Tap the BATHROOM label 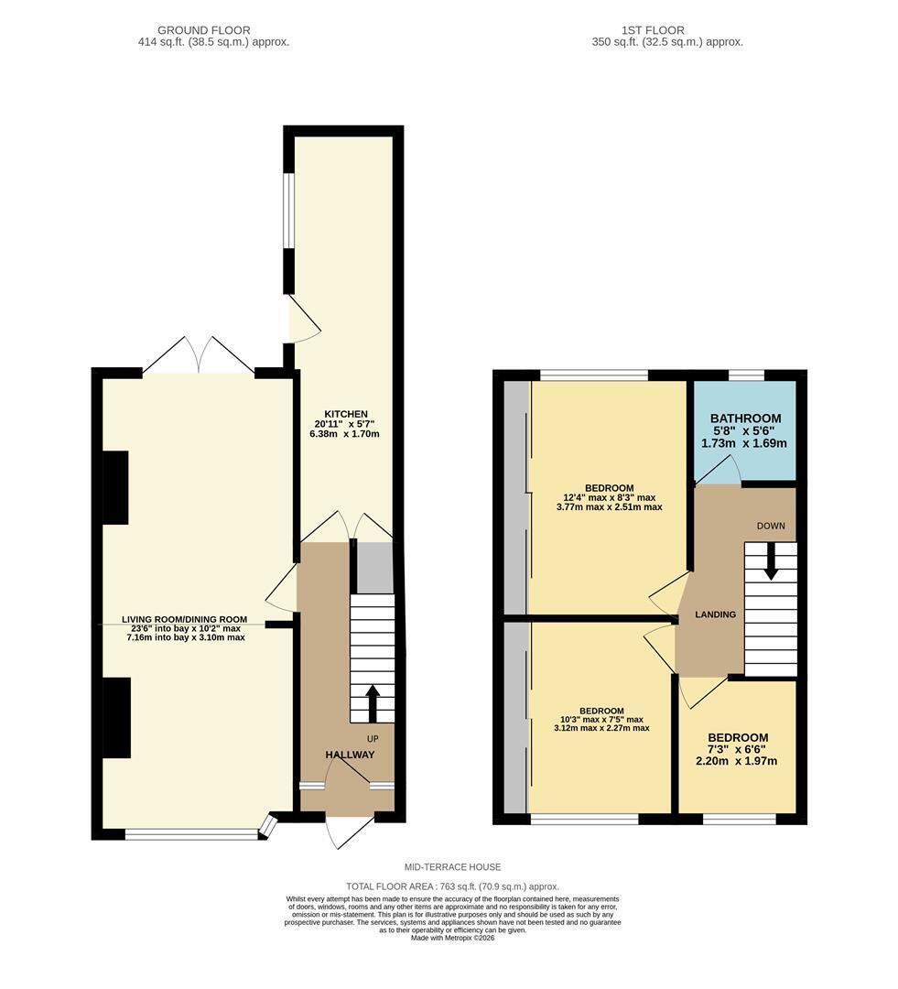coord(745,418)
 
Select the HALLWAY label coord(350,755)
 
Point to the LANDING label coord(715,614)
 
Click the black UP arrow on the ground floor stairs coord(372,703)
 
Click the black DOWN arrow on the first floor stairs coord(770,561)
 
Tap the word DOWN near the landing coord(771,526)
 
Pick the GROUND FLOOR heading coord(204,30)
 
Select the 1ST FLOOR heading coord(653,30)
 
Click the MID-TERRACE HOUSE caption coord(453,867)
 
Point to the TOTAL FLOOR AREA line coord(452,886)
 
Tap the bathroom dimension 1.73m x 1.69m coord(744,443)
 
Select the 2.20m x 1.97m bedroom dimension coord(736,761)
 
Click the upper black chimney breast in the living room coord(115,487)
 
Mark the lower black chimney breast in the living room coord(116,718)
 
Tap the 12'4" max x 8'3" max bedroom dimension coord(609,497)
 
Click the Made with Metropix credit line coord(453,938)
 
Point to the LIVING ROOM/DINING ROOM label coord(185,619)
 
